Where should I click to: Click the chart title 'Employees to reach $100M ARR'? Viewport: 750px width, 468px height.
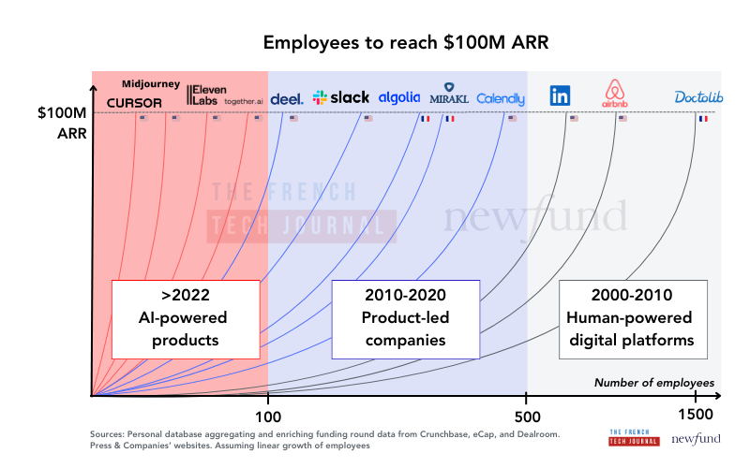[x=375, y=43]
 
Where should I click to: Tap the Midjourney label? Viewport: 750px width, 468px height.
[x=151, y=84]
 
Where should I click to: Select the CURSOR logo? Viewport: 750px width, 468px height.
[x=134, y=102]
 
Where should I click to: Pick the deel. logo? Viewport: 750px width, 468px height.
[x=286, y=98]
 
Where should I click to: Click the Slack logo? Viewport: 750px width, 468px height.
[x=341, y=97]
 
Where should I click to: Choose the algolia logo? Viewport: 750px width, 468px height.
[x=399, y=97]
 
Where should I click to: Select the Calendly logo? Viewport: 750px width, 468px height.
[x=501, y=98]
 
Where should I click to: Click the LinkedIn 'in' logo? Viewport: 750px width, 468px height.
[x=561, y=95]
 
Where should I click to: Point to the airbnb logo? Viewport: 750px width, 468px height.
[x=615, y=93]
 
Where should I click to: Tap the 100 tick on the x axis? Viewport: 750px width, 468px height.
[x=268, y=415]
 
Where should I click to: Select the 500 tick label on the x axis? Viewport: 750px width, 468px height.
[x=527, y=415]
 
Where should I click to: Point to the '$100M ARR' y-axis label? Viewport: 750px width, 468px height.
[x=62, y=123]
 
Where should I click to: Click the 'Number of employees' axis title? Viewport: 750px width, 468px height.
[x=654, y=383]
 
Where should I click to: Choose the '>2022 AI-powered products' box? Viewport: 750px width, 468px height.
[x=186, y=318]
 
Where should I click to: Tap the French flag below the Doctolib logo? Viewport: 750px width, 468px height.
[x=703, y=119]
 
